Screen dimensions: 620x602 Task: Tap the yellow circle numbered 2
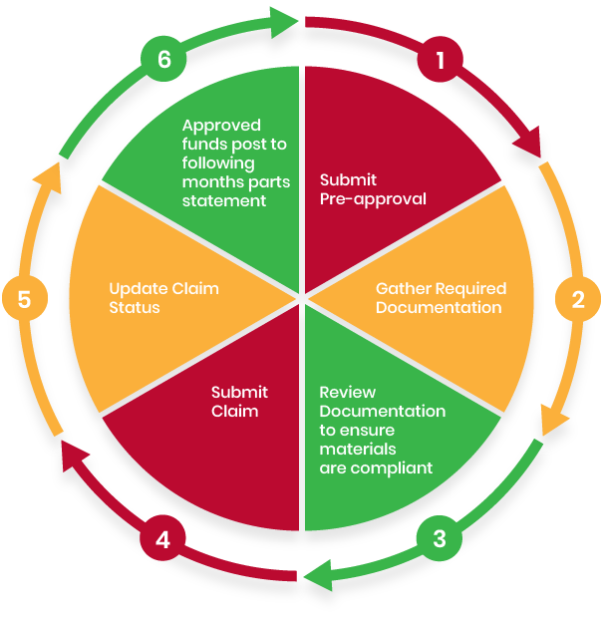[578, 298]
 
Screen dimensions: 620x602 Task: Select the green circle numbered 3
[440, 539]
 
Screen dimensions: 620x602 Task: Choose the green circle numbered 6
[164, 60]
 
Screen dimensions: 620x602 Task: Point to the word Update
[136, 289]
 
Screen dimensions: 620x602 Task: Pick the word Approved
[221, 126]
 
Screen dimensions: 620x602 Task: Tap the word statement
[223, 200]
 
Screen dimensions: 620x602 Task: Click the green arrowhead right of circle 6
[286, 19]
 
